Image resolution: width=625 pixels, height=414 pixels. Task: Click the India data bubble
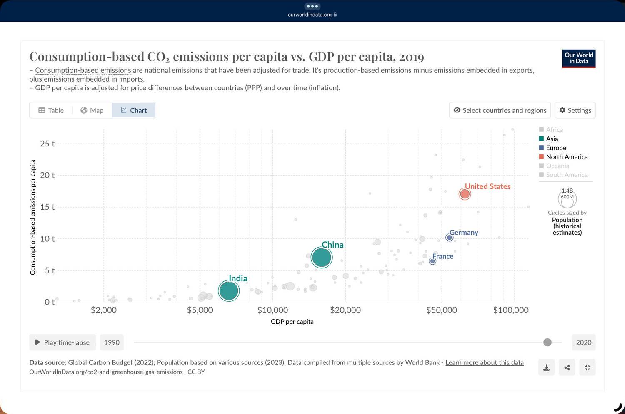(x=229, y=291)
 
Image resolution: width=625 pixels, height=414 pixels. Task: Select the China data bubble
(x=322, y=258)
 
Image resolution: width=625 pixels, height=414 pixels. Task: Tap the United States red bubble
(x=465, y=194)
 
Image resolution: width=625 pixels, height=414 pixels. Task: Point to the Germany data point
(x=449, y=238)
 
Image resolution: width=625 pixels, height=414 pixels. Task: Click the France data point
(x=432, y=261)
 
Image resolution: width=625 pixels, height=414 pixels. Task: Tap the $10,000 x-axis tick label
(x=272, y=310)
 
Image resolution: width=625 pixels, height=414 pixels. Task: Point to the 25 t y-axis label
(x=47, y=144)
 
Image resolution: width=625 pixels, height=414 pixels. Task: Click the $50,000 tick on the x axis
(x=442, y=310)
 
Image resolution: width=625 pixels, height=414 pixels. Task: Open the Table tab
(x=51, y=110)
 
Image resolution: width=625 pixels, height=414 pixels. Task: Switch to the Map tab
(x=92, y=110)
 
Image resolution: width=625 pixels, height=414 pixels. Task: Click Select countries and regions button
(x=500, y=110)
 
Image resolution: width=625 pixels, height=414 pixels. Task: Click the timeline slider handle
(x=547, y=342)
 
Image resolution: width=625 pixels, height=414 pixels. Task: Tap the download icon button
(x=546, y=367)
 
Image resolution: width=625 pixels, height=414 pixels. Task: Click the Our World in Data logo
(x=579, y=58)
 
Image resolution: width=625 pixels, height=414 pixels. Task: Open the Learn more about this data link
(x=485, y=362)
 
